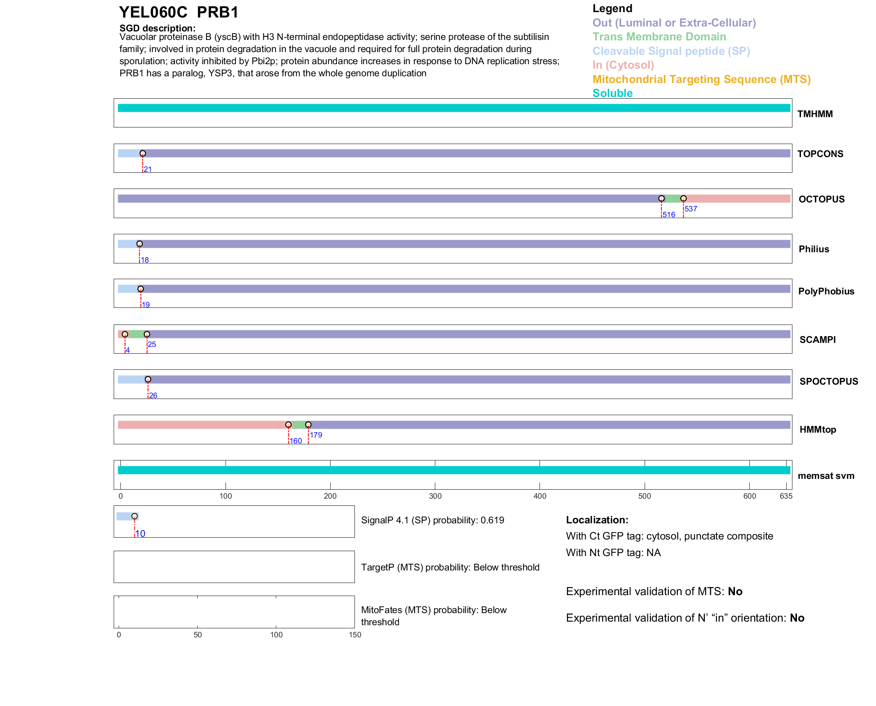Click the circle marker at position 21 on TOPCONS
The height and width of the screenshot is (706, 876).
[x=142, y=153]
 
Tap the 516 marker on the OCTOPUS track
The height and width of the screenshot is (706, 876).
[x=661, y=198]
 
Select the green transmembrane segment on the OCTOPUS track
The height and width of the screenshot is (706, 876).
[x=672, y=199]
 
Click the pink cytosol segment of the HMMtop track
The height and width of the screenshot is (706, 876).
[x=202, y=425]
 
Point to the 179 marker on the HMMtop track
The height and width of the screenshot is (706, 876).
[x=308, y=425]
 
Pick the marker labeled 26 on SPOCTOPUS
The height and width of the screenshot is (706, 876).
[x=148, y=379]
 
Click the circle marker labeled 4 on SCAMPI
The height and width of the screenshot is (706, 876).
[x=125, y=334]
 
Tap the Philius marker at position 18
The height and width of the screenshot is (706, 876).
[x=139, y=244]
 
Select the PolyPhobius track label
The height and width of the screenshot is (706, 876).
[x=826, y=291]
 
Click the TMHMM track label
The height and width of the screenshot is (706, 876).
[x=814, y=114]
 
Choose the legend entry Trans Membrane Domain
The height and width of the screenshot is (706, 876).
[x=659, y=37]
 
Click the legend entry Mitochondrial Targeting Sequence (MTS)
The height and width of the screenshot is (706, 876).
[x=701, y=79]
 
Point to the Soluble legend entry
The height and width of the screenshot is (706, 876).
[x=612, y=93]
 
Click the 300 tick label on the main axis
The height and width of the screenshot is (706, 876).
[x=435, y=496]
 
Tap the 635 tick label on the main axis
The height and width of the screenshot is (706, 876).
[x=786, y=496]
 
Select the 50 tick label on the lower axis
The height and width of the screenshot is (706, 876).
[x=197, y=635]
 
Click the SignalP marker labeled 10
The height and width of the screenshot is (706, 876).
[x=134, y=516]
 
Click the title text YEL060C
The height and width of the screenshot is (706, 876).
[x=153, y=13]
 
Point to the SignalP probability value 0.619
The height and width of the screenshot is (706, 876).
[x=492, y=520]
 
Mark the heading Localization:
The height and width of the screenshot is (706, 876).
[x=597, y=520]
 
